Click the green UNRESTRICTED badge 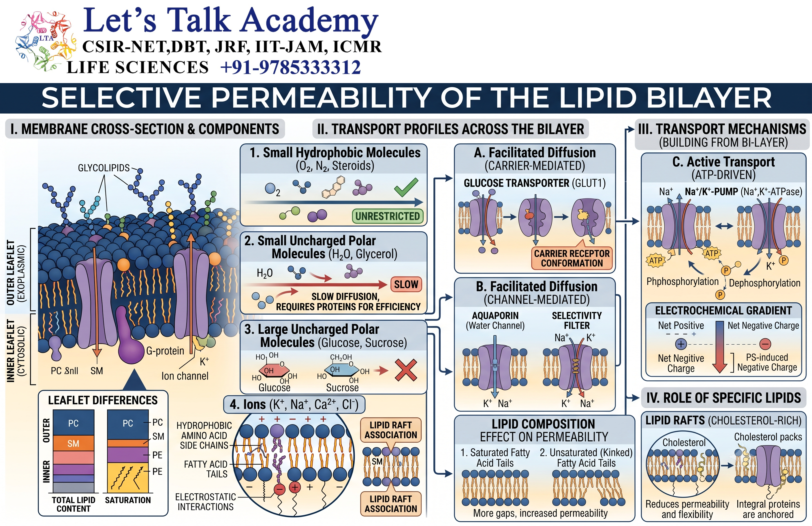tap(388, 216)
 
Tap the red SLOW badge tap(406, 284)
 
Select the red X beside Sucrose tap(406, 370)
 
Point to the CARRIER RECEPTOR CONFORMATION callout tap(572, 258)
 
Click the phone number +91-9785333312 tap(291, 67)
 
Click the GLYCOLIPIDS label tap(104, 168)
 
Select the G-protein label tap(165, 351)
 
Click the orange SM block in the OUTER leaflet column tap(73, 443)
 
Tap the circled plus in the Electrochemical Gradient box tap(681, 344)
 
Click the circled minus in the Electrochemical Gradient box tap(765, 344)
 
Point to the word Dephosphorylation tap(765, 283)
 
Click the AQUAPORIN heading tap(495, 315)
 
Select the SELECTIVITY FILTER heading tap(577, 320)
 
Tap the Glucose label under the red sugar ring tap(274, 388)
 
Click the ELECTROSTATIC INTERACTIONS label tap(206, 502)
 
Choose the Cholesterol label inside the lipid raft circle tap(684, 442)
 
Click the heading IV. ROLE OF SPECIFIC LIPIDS tap(724, 398)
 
